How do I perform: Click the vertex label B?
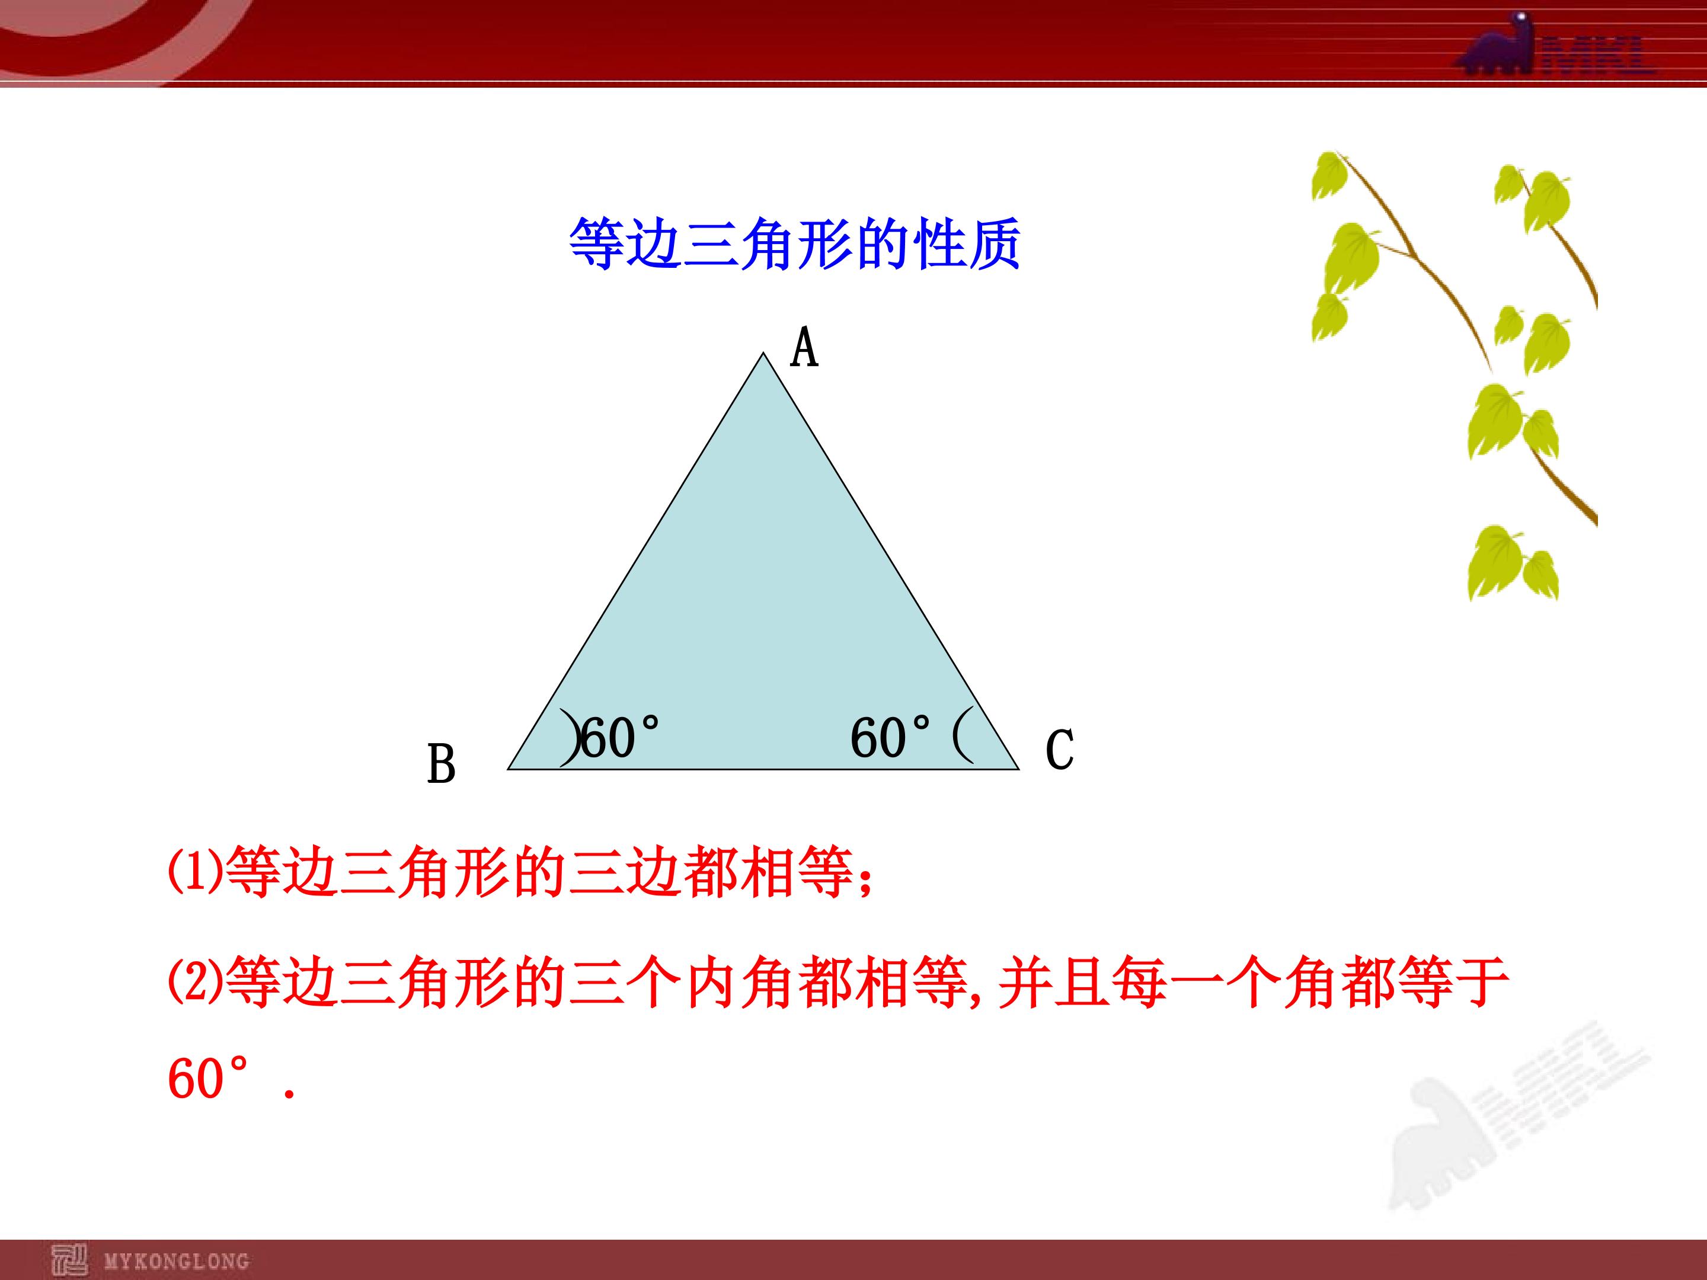click(442, 764)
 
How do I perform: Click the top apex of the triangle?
click(763, 353)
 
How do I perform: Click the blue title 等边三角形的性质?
click(795, 244)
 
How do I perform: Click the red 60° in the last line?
click(209, 1078)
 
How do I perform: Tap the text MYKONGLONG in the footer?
click(177, 1260)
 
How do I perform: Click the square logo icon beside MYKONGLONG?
click(69, 1260)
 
